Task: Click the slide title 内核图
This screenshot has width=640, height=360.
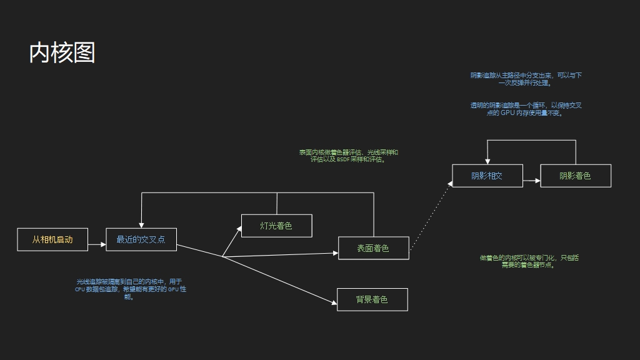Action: (x=62, y=53)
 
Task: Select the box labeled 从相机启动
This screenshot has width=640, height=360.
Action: (x=52, y=239)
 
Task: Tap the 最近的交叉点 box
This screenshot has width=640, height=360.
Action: (x=141, y=239)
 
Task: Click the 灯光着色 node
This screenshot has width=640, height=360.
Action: (x=276, y=226)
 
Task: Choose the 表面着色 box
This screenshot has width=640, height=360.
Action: (x=373, y=248)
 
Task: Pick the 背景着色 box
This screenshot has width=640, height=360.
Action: (x=372, y=299)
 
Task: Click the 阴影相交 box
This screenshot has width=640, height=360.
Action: (x=487, y=176)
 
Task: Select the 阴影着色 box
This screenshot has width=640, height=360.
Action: (x=575, y=176)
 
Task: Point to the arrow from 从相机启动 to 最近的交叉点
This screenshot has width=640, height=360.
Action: (x=97, y=245)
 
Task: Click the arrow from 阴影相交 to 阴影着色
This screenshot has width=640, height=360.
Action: (x=531, y=181)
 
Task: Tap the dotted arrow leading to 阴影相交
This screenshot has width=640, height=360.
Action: (x=431, y=216)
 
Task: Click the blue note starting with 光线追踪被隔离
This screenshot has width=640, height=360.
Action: (x=129, y=289)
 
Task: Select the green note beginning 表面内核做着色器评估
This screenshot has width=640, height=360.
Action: (x=348, y=156)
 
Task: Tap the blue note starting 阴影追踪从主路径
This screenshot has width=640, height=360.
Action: (x=526, y=79)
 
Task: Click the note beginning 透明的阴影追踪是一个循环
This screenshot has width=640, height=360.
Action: (x=526, y=109)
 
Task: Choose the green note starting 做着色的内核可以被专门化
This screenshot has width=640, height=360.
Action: (x=529, y=261)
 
